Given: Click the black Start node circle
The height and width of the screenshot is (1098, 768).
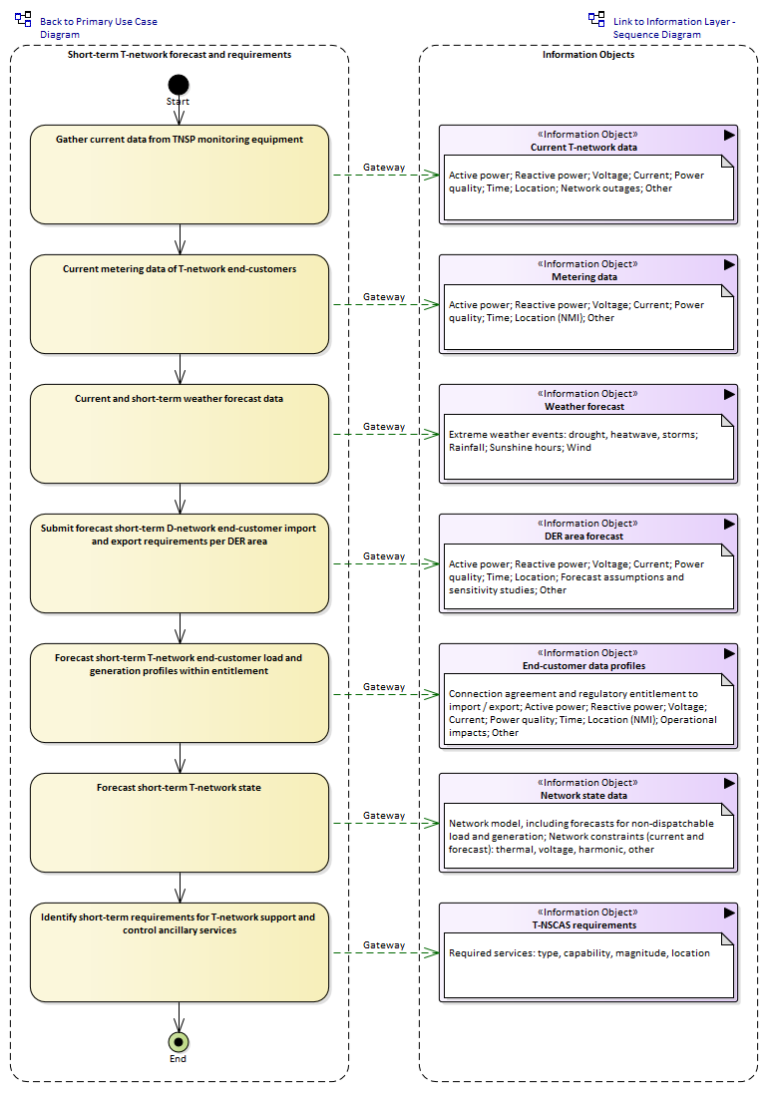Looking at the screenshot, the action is coord(179,85).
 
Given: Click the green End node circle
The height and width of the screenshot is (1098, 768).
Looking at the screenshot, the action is coord(179,1042).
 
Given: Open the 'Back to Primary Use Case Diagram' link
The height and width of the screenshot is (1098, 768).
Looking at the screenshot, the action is coord(99,28).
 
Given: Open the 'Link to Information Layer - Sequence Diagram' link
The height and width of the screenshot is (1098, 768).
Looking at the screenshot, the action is coord(674,28).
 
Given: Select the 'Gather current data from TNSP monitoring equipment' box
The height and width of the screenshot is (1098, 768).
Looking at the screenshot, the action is coord(180,175).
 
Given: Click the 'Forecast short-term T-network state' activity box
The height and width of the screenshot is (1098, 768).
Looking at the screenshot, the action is coord(180,823).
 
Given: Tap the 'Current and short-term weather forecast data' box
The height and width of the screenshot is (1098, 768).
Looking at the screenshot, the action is coord(180,434).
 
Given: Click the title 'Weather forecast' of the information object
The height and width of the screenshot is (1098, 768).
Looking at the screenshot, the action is coord(584,407).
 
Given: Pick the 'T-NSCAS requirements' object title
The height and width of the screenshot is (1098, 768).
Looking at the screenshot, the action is coord(584,925).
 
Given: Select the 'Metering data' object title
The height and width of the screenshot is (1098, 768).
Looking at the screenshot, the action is coord(584,277).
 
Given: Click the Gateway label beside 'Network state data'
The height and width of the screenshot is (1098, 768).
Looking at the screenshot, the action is coord(384,816).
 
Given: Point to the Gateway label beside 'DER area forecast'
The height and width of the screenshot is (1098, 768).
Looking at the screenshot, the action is coord(384,556).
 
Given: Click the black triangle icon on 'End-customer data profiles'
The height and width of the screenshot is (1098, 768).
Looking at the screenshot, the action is coord(729,653).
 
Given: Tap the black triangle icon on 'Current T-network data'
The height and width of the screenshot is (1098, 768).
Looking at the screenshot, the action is coord(729,135).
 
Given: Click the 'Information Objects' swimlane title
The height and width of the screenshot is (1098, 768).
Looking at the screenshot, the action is coord(588,55).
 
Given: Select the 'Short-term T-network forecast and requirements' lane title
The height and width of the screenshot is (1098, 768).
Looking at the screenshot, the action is coord(180,55).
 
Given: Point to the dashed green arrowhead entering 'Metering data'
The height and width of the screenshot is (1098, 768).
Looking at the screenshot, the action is coord(431,304).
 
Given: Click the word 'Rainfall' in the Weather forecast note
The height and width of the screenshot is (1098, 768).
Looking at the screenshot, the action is coord(467,448).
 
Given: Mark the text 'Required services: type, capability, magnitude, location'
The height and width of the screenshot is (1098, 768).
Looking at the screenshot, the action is coord(578,953).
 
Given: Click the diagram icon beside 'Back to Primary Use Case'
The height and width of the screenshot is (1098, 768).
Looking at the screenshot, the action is coord(23,19).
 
